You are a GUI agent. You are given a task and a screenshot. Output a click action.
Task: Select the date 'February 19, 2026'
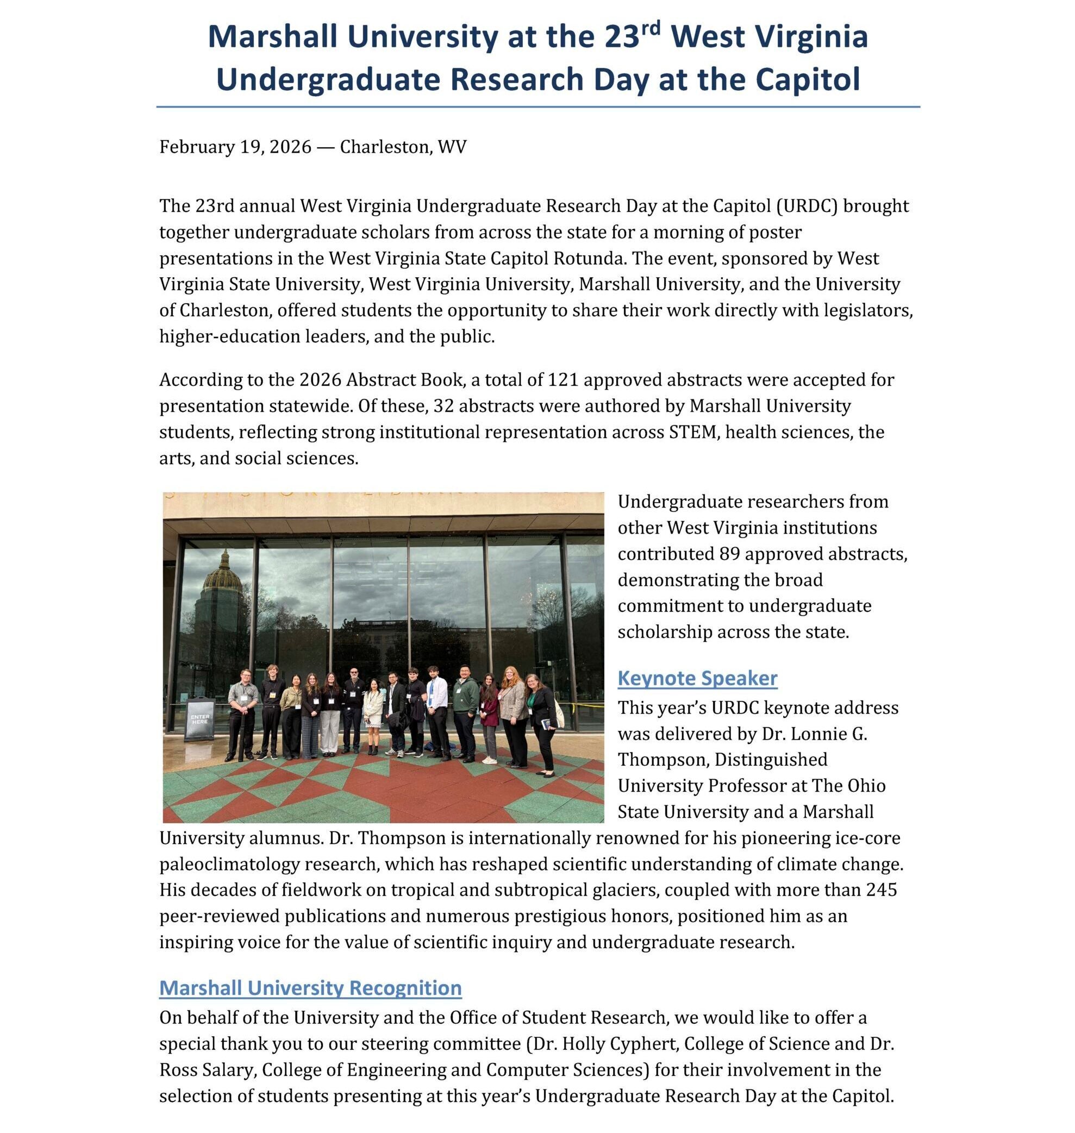[x=235, y=147]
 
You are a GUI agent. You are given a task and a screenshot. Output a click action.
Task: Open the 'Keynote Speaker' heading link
[x=697, y=678]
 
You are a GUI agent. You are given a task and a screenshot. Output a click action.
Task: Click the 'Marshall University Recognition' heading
[x=310, y=987]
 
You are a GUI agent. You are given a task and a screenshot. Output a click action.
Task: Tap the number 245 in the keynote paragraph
[x=882, y=890]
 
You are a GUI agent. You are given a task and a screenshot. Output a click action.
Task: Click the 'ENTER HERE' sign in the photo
[x=200, y=719]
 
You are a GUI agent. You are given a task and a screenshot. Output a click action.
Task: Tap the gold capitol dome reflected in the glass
[x=224, y=570]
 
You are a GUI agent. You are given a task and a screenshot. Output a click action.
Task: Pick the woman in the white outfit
[x=373, y=716]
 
